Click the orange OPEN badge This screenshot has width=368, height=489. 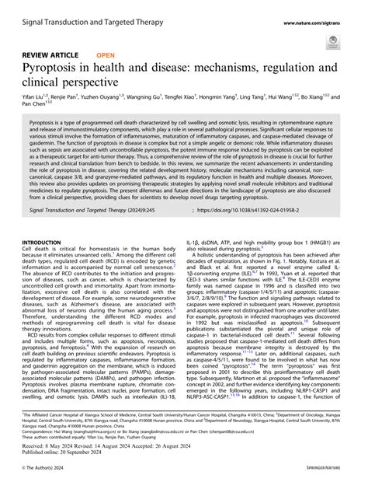[x=106, y=55]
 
